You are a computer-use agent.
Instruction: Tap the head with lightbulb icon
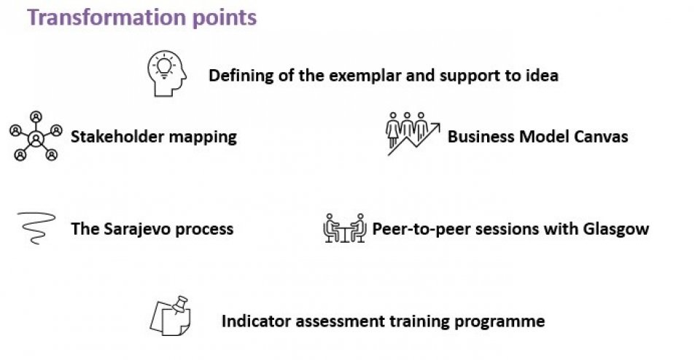point(166,74)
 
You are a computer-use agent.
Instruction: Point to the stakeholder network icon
point(36,136)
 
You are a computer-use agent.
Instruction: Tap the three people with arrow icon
point(413,133)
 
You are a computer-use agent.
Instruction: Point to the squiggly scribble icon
point(36,228)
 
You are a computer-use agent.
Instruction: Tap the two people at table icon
point(345,228)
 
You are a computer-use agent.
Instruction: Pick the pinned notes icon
point(170,316)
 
